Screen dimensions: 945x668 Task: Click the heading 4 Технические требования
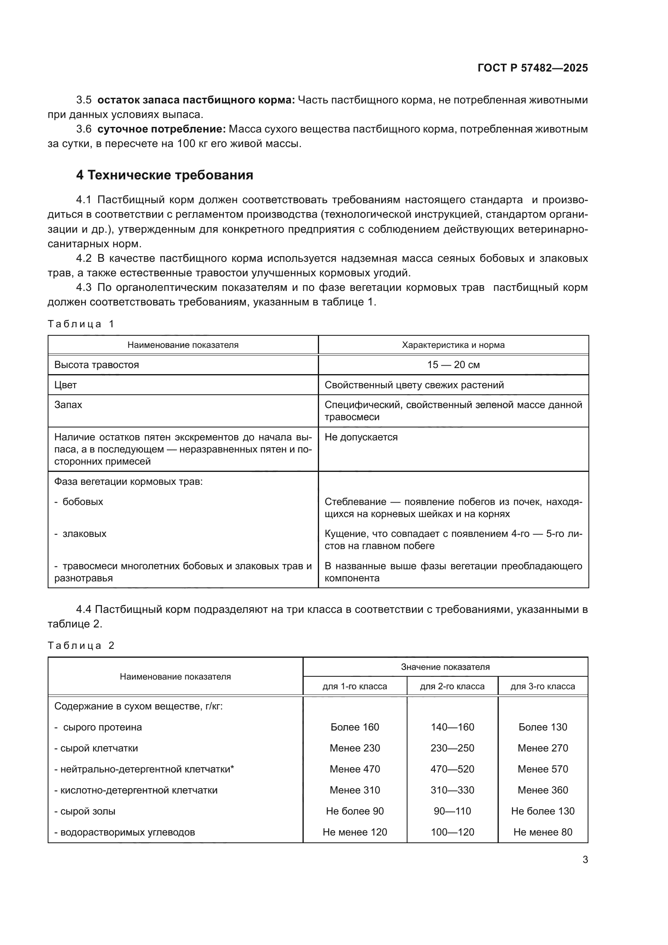[164, 175]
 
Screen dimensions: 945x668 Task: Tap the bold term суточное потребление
[161, 129]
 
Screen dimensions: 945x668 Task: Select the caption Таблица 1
[81, 324]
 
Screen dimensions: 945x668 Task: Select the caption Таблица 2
[81, 645]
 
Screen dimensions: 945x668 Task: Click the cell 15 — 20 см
[453, 365]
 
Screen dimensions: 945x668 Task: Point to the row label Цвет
[66, 385]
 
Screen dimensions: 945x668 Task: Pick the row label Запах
[68, 404]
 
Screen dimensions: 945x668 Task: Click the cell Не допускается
[361, 437]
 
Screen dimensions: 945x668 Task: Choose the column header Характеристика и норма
[453, 345]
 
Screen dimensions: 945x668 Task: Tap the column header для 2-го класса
[452, 686]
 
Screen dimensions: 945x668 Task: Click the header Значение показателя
[445, 667]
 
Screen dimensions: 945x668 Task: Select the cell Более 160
[355, 727]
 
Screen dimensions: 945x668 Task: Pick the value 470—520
[452, 769]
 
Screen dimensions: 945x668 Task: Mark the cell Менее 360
[542, 790]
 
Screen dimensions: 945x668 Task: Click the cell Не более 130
[542, 811]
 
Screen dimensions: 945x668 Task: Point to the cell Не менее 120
[355, 832]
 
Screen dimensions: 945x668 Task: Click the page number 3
[585, 859]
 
